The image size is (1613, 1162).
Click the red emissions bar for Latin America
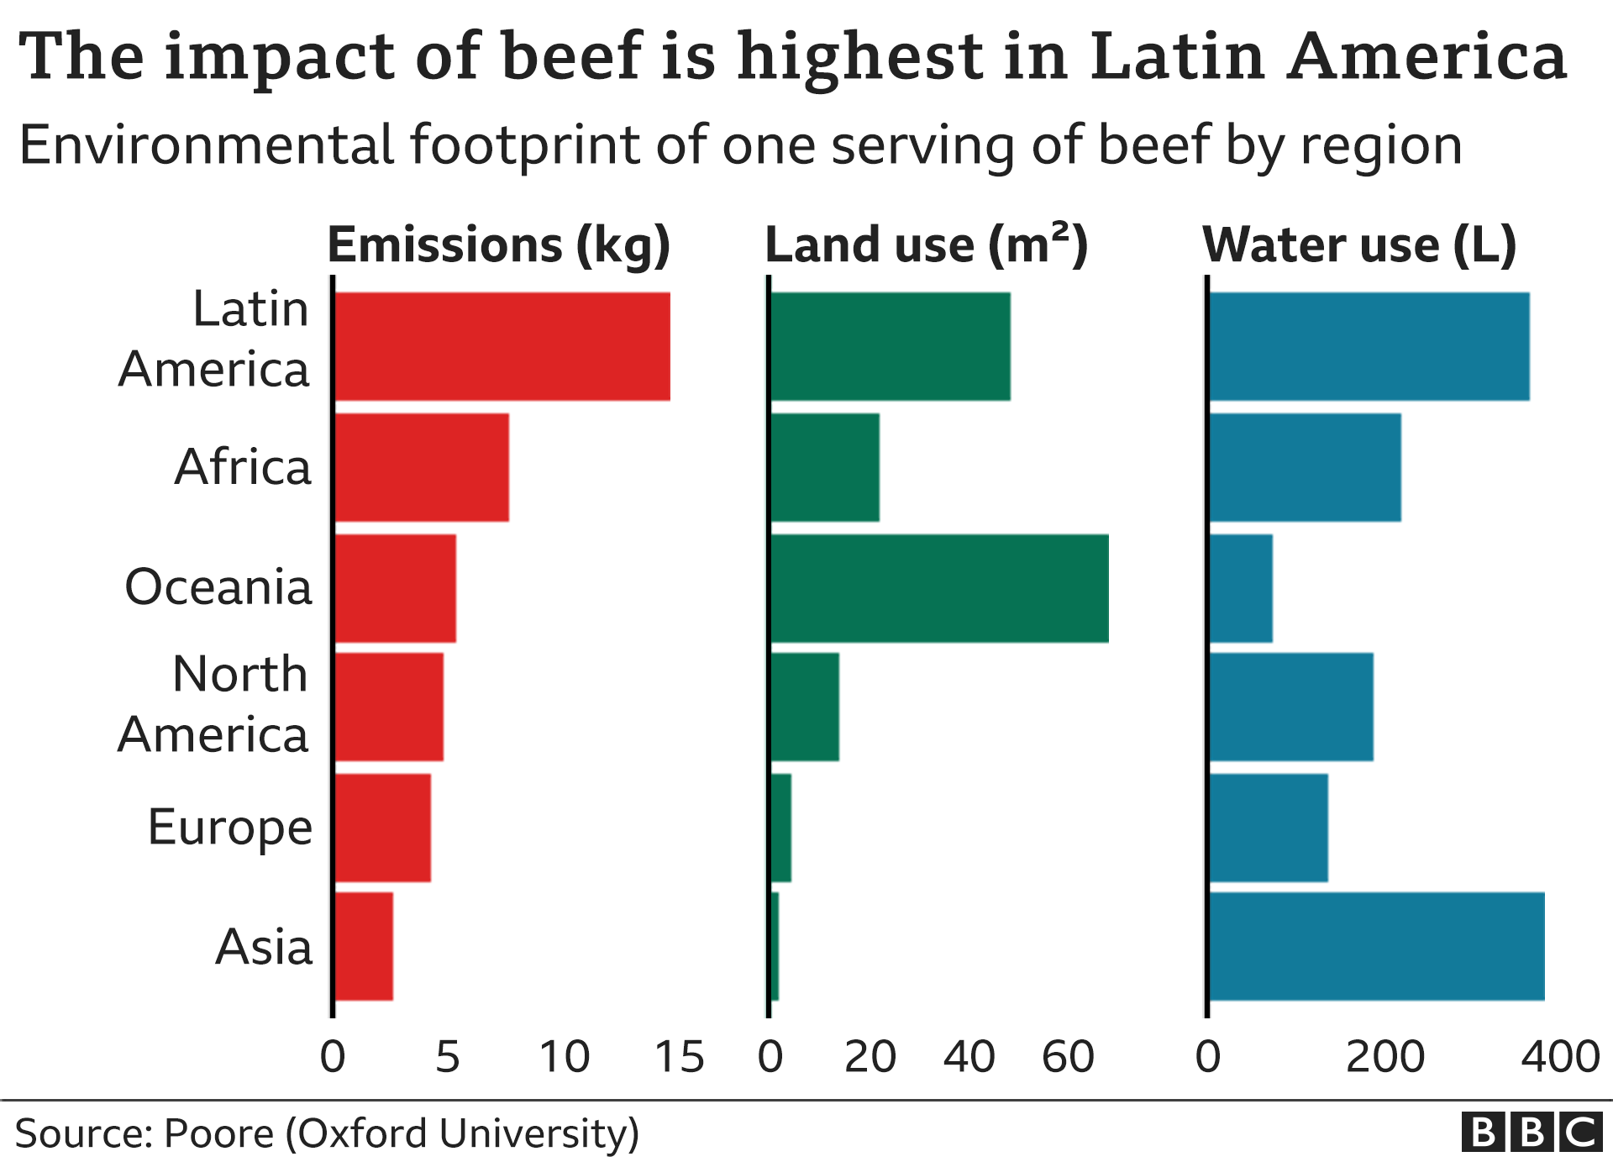pyautogui.click(x=502, y=346)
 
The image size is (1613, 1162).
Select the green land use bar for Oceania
pyautogui.click(x=939, y=588)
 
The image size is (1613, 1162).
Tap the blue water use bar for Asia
pyautogui.click(x=1376, y=946)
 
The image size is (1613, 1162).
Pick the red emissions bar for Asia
pyautogui.click(x=364, y=946)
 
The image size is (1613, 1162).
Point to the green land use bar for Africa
pyautogui.click(x=825, y=467)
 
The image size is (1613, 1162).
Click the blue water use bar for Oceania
pyautogui.click(x=1241, y=588)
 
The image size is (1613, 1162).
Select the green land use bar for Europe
pyautogui.click(x=781, y=828)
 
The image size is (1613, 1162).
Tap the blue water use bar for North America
pyautogui.click(x=1291, y=707)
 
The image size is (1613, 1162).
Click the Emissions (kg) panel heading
pyautogui.click(x=499, y=245)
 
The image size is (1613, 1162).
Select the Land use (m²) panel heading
pyautogui.click(x=926, y=245)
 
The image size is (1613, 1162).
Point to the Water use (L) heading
pyautogui.click(x=1359, y=245)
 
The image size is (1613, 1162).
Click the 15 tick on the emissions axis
pyautogui.click(x=679, y=1057)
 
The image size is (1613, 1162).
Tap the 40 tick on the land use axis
pyautogui.click(x=969, y=1057)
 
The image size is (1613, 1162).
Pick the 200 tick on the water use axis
pyautogui.click(x=1384, y=1057)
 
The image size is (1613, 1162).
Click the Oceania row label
pyautogui.click(x=218, y=586)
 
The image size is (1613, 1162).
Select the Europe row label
pyautogui.click(x=229, y=828)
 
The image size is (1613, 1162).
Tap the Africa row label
pyautogui.click(x=242, y=467)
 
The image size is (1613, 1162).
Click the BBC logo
pyautogui.click(x=1532, y=1133)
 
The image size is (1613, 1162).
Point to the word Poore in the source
pyautogui.click(x=218, y=1133)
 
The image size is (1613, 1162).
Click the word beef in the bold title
pyautogui.click(x=572, y=56)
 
